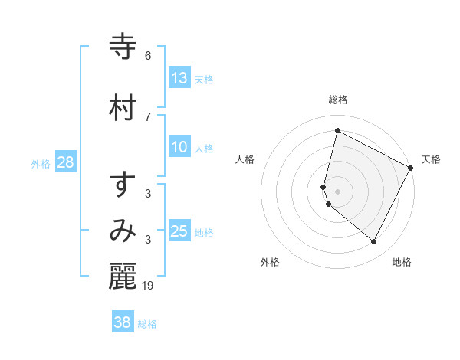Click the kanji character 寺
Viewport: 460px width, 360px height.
pyautogui.click(x=123, y=47)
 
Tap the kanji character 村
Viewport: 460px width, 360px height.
pyautogui.click(x=123, y=106)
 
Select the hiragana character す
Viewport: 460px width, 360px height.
pyautogui.click(x=123, y=185)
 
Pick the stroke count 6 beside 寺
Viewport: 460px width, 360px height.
pyautogui.click(x=148, y=56)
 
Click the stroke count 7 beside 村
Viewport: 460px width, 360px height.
pyautogui.click(x=148, y=116)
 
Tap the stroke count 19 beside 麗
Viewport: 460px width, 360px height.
pyautogui.click(x=149, y=286)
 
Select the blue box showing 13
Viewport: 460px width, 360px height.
pyautogui.click(x=179, y=78)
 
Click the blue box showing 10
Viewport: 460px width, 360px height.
pyautogui.click(x=179, y=148)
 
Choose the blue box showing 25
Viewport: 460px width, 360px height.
pyautogui.click(x=179, y=231)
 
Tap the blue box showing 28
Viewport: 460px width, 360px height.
pyautogui.click(x=65, y=162)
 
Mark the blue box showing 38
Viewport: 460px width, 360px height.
pyautogui.click(x=123, y=322)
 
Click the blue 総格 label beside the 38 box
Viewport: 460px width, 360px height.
pyautogui.click(x=148, y=324)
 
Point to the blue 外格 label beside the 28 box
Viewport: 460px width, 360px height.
pyautogui.click(x=41, y=163)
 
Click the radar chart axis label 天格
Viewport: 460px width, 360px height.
pyautogui.click(x=431, y=159)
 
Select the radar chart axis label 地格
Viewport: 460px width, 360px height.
pyautogui.click(x=402, y=262)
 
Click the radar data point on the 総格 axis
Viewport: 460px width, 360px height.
pyautogui.click(x=337, y=131)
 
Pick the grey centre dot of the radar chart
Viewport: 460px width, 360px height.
pyautogui.click(x=337, y=191)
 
